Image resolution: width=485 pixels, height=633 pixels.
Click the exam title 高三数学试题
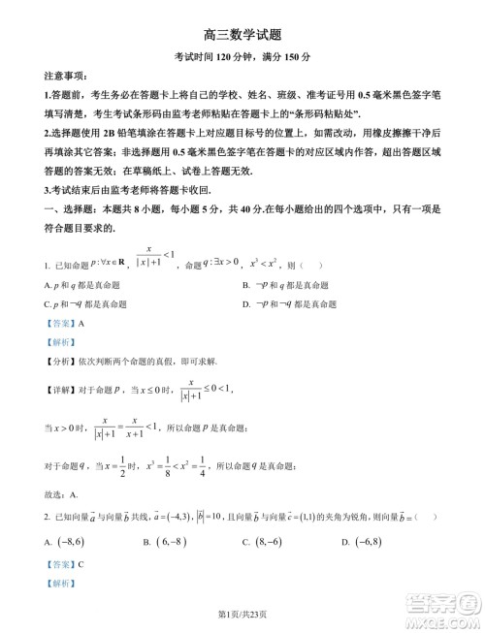coord(242,33)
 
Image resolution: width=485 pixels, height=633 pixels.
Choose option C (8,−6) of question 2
coord(263,542)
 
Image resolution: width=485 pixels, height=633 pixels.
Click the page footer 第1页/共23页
coord(242,614)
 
